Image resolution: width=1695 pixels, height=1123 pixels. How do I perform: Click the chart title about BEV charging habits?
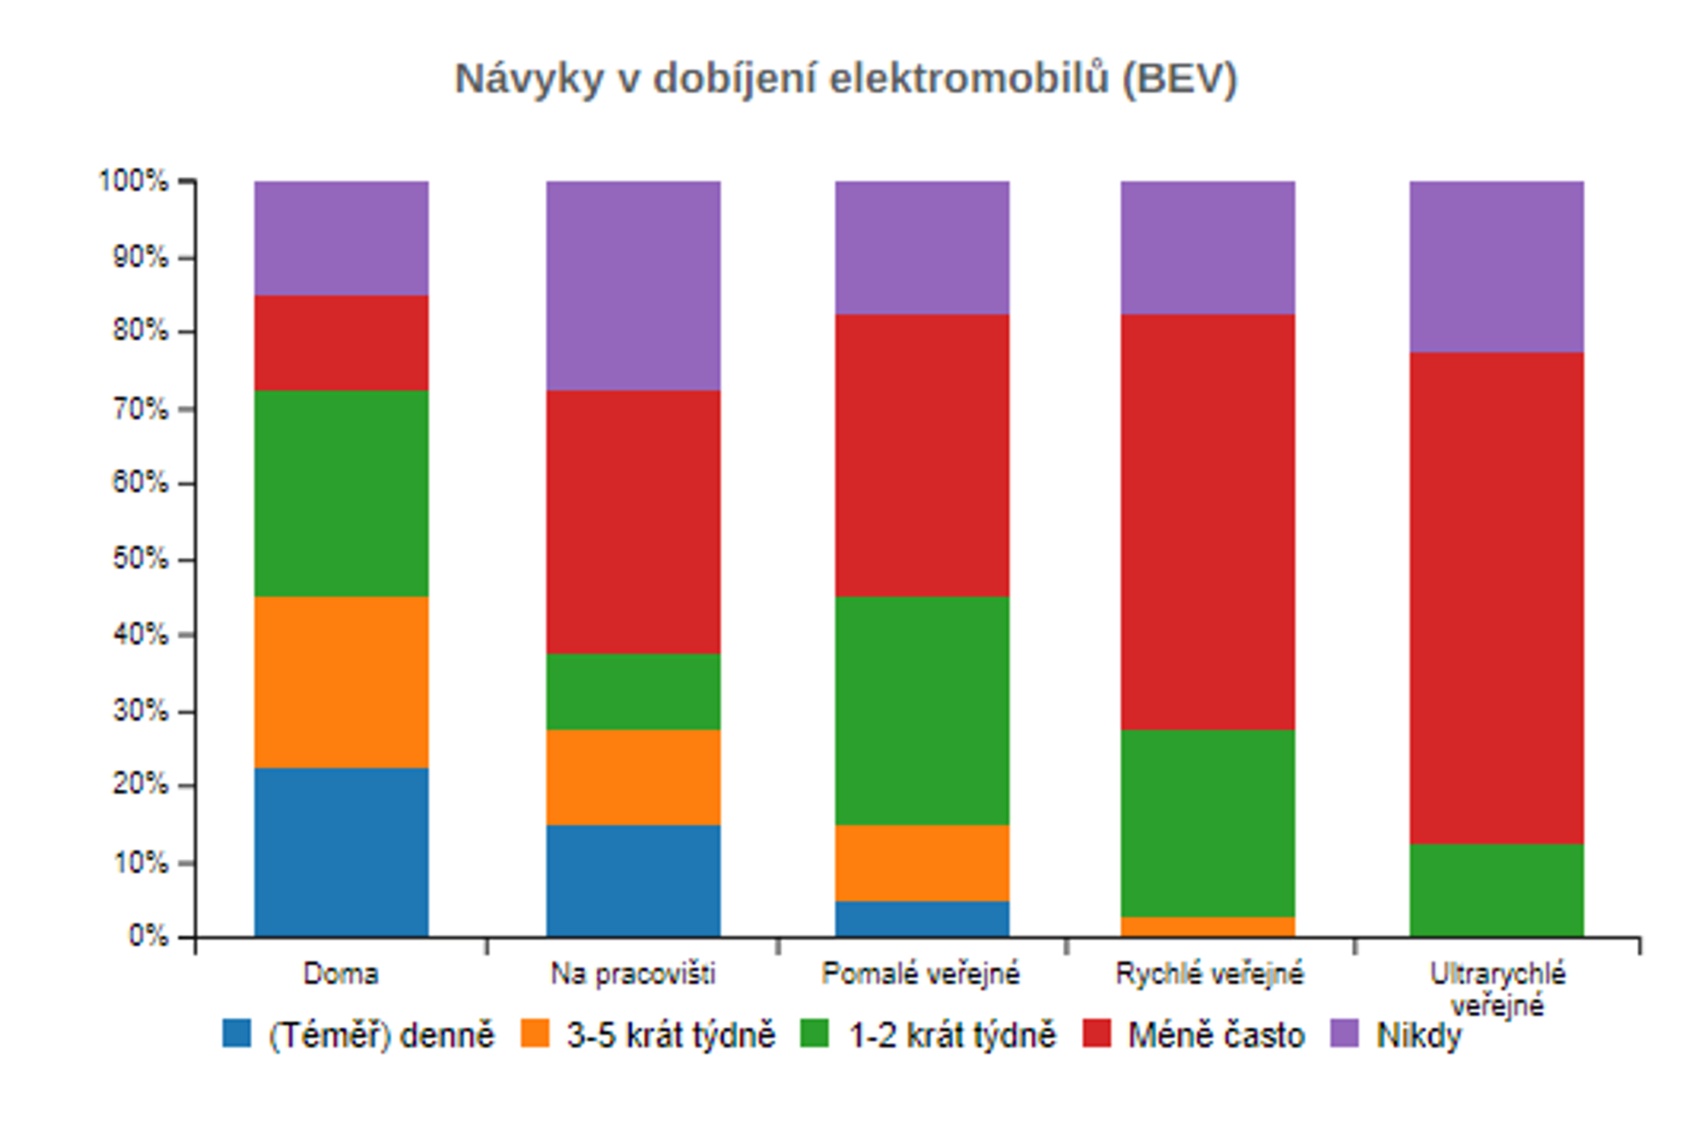point(846,79)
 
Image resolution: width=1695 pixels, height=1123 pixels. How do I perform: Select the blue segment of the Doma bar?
point(342,851)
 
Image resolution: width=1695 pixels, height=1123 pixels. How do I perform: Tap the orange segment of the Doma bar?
point(342,682)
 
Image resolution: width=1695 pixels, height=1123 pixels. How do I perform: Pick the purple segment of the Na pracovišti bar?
point(634,286)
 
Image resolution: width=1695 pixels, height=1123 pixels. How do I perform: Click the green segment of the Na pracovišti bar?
point(634,692)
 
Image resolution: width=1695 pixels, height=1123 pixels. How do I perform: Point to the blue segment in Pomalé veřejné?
point(922,919)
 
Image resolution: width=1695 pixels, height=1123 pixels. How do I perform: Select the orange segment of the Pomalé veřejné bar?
point(922,863)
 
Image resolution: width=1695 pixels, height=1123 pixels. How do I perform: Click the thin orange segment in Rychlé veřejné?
point(1208,927)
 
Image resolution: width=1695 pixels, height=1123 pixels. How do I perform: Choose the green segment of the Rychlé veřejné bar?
point(1208,824)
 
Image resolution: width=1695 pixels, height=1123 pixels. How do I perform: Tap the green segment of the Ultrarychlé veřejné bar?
point(1497,890)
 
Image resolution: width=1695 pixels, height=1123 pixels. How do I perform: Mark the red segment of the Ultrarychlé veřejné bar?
point(1497,598)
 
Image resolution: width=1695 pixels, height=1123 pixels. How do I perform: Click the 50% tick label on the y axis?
point(141,559)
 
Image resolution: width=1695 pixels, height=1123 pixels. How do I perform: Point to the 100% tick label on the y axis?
point(134,181)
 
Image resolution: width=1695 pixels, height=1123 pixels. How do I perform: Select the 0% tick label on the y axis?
point(148,936)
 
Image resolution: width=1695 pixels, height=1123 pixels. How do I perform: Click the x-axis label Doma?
point(341,974)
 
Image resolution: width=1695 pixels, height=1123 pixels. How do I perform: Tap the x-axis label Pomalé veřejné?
point(920,974)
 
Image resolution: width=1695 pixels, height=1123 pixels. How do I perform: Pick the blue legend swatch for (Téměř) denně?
point(237,1034)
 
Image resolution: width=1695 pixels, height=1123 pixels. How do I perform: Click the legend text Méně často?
point(1216,1035)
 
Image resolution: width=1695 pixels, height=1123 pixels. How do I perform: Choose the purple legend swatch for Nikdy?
point(1344,1034)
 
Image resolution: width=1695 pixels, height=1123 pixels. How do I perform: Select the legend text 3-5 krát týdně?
point(670,1035)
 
